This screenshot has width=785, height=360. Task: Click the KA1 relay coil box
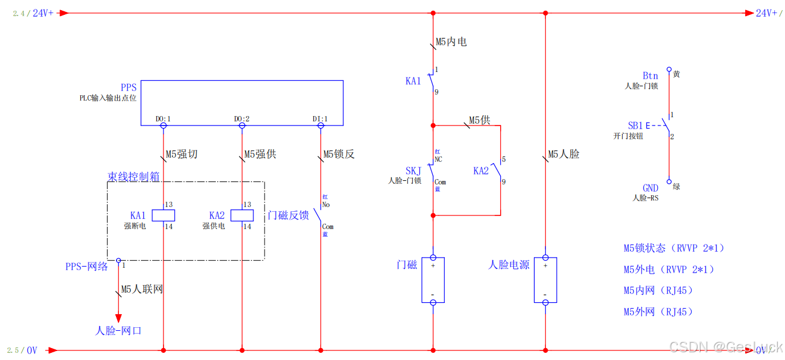(163, 215)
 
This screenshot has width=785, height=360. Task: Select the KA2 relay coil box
(242, 215)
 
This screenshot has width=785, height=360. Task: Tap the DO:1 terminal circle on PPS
(163, 126)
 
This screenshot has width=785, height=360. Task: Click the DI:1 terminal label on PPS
(320, 119)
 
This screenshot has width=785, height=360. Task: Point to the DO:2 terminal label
(241, 119)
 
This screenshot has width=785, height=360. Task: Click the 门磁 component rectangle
(433, 280)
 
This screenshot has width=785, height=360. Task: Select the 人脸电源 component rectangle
(545, 280)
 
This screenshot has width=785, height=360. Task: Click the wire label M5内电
(451, 42)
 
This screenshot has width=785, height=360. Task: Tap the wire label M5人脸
(564, 154)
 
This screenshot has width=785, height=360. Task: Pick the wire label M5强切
(181, 155)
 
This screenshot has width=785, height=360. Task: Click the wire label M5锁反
(339, 155)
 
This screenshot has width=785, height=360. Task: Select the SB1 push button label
(636, 126)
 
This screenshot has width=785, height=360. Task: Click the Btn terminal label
(650, 76)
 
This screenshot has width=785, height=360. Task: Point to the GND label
(650, 188)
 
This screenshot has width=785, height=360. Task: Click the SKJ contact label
(413, 171)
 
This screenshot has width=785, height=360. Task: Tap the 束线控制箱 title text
(133, 177)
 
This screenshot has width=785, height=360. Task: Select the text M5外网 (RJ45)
(658, 312)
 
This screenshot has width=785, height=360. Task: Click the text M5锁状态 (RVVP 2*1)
(674, 248)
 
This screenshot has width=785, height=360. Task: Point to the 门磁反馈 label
(288, 215)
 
